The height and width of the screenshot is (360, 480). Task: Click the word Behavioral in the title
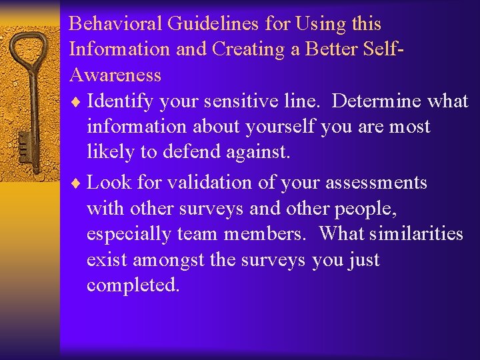(x=116, y=24)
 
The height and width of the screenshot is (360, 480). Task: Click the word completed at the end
(x=133, y=285)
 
